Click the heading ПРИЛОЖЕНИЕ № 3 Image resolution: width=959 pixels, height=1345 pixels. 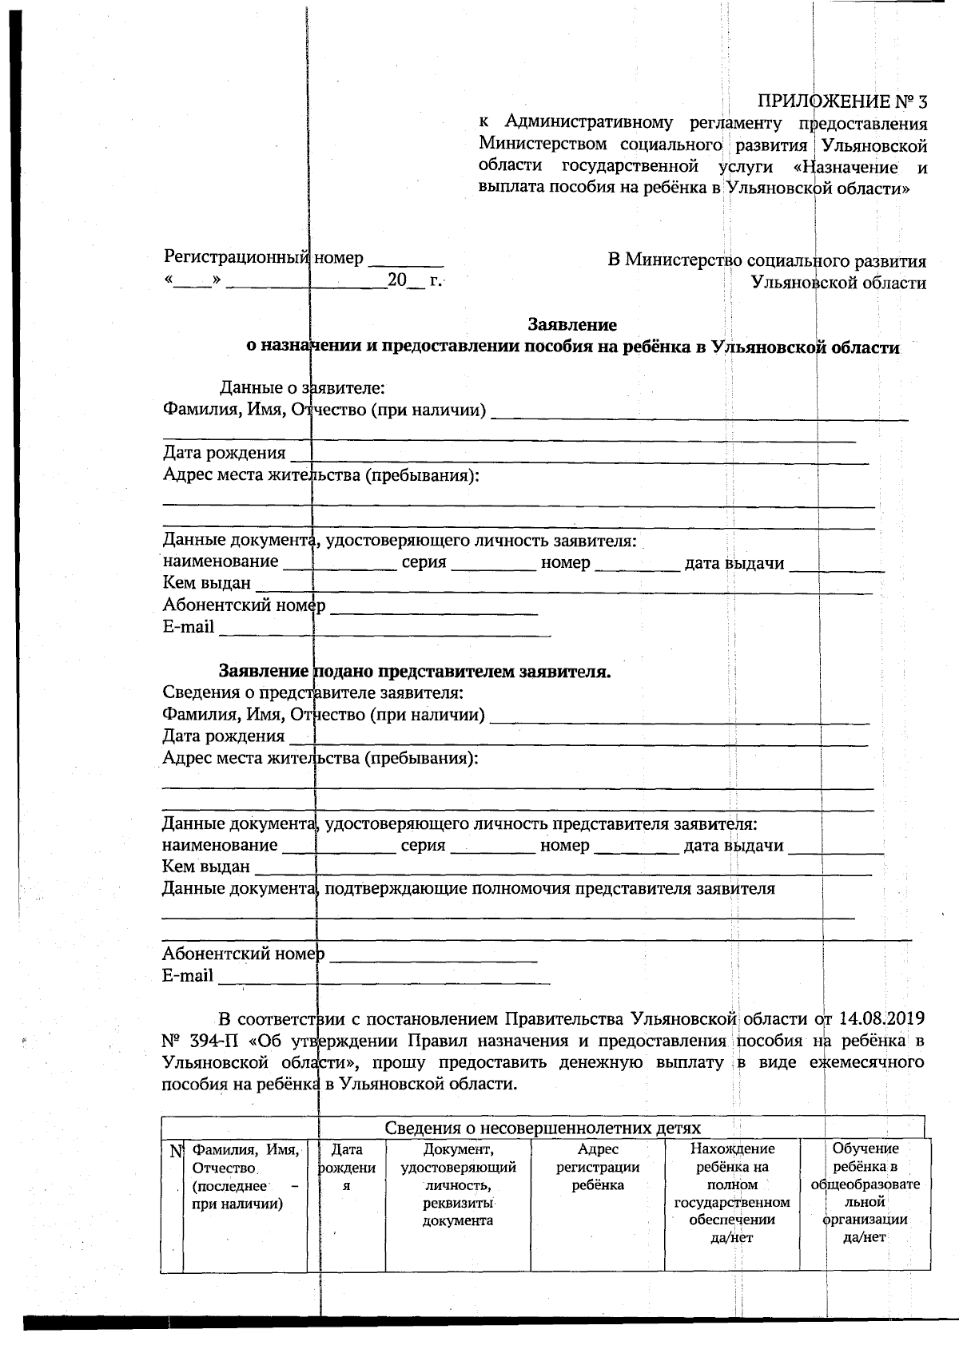842,102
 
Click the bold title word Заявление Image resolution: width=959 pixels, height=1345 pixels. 571,325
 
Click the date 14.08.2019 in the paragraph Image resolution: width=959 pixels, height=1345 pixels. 881,1018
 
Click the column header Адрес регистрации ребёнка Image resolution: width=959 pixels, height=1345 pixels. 598,1167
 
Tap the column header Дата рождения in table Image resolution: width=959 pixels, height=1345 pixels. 347,1168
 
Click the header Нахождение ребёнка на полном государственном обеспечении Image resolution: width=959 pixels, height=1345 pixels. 732,1192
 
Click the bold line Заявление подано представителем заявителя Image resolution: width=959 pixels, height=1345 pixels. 415,672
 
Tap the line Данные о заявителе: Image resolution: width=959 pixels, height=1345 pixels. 303,388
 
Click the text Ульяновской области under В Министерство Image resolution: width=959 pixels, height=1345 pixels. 838,283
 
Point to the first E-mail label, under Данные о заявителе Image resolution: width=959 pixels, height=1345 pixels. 189,627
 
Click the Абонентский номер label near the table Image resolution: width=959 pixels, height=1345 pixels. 243,954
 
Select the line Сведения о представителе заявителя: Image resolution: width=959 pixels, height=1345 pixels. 312,692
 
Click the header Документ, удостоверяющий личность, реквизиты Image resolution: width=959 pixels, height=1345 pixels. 458,1184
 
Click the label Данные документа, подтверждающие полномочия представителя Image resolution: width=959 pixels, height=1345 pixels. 468,888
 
